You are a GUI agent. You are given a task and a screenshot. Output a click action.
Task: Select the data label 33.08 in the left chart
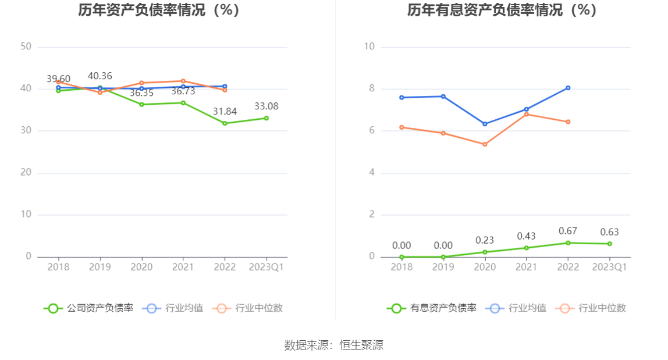click(267, 106)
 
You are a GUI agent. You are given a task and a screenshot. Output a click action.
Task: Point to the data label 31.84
click(225, 111)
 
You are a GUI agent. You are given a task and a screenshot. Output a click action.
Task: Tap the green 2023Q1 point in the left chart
click(267, 118)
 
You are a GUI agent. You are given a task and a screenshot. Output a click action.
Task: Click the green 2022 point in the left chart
click(225, 123)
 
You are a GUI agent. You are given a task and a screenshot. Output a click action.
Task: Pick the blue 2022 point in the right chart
click(568, 88)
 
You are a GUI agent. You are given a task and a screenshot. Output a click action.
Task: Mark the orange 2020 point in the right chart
click(485, 144)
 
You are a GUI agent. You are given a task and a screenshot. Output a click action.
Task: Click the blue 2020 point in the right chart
click(485, 124)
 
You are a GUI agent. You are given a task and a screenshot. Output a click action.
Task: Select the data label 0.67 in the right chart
click(568, 231)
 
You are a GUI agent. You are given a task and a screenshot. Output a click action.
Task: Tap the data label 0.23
click(485, 240)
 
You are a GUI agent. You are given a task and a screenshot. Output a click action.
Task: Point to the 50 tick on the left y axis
click(26, 47)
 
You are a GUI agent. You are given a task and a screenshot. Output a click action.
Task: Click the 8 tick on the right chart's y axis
click(369, 88)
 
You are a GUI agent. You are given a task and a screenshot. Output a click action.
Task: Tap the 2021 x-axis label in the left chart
click(183, 267)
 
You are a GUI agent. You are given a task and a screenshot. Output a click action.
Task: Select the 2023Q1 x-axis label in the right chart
click(609, 267)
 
